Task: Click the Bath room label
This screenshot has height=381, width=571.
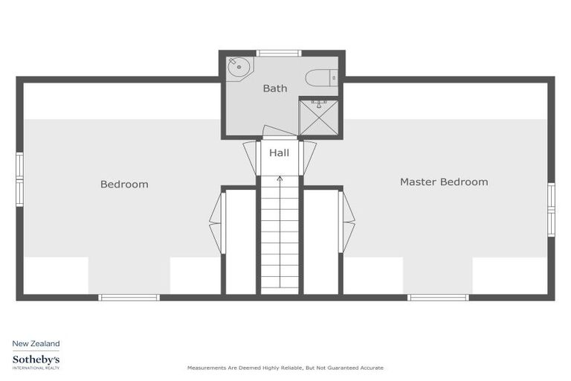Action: (x=274, y=89)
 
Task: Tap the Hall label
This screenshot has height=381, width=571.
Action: (x=279, y=153)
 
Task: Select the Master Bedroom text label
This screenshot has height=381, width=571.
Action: (x=444, y=182)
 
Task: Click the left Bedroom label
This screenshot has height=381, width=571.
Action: (x=124, y=184)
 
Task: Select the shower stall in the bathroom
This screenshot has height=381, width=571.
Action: (x=318, y=116)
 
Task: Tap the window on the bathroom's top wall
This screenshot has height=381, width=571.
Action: (x=279, y=53)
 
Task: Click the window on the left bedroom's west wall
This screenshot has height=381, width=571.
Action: (x=19, y=178)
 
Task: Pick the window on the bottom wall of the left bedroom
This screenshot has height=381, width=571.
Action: (x=129, y=298)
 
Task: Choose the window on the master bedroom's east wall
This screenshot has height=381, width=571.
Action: (x=551, y=209)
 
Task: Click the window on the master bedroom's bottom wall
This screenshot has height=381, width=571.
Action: (x=438, y=298)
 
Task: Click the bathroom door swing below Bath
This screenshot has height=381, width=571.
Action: (x=279, y=132)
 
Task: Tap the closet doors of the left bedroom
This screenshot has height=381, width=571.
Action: (x=216, y=222)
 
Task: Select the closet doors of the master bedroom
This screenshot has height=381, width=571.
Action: (x=347, y=222)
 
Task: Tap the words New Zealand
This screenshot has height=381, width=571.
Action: (x=36, y=344)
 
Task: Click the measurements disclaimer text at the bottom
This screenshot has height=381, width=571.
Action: (x=285, y=368)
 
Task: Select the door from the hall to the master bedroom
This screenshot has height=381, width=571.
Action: (x=309, y=156)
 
